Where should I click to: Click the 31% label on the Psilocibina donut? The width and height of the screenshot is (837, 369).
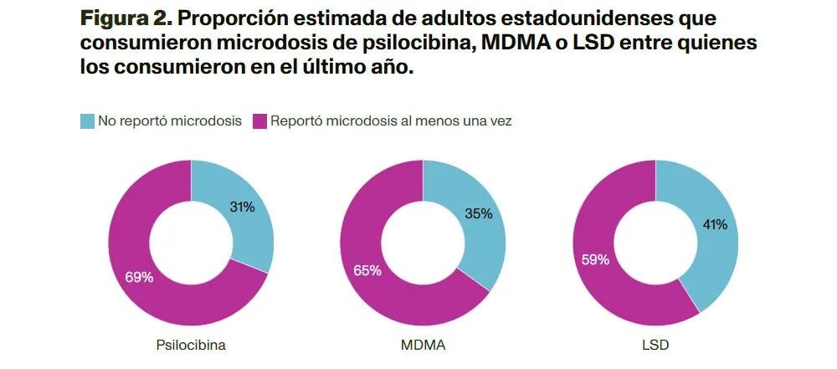click(x=242, y=208)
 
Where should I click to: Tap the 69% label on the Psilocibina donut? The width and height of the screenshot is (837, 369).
click(x=139, y=277)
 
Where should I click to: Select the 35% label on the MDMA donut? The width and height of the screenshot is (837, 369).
click(x=478, y=213)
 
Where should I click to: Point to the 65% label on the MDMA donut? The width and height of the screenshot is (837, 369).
click(x=367, y=270)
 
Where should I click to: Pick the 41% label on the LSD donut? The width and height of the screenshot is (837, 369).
click(x=714, y=224)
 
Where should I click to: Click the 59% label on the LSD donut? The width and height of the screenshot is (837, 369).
click(x=595, y=260)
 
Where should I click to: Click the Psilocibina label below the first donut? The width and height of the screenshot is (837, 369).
click(x=191, y=345)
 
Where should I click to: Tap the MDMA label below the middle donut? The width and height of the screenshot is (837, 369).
click(x=423, y=345)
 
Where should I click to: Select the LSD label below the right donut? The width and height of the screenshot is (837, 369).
click(x=655, y=345)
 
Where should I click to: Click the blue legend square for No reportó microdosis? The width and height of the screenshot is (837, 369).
click(x=87, y=121)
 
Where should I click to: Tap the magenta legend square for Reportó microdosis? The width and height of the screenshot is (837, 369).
click(x=259, y=121)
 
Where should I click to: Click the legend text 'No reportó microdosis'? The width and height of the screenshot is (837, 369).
click(x=170, y=121)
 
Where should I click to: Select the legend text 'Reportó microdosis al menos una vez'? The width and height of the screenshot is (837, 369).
click(x=391, y=121)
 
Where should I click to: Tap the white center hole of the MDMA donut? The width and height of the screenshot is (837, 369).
click(x=423, y=243)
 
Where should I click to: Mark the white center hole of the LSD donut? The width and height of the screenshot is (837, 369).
click(x=655, y=243)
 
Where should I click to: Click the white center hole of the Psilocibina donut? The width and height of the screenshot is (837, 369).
click(x=191, y=243)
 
